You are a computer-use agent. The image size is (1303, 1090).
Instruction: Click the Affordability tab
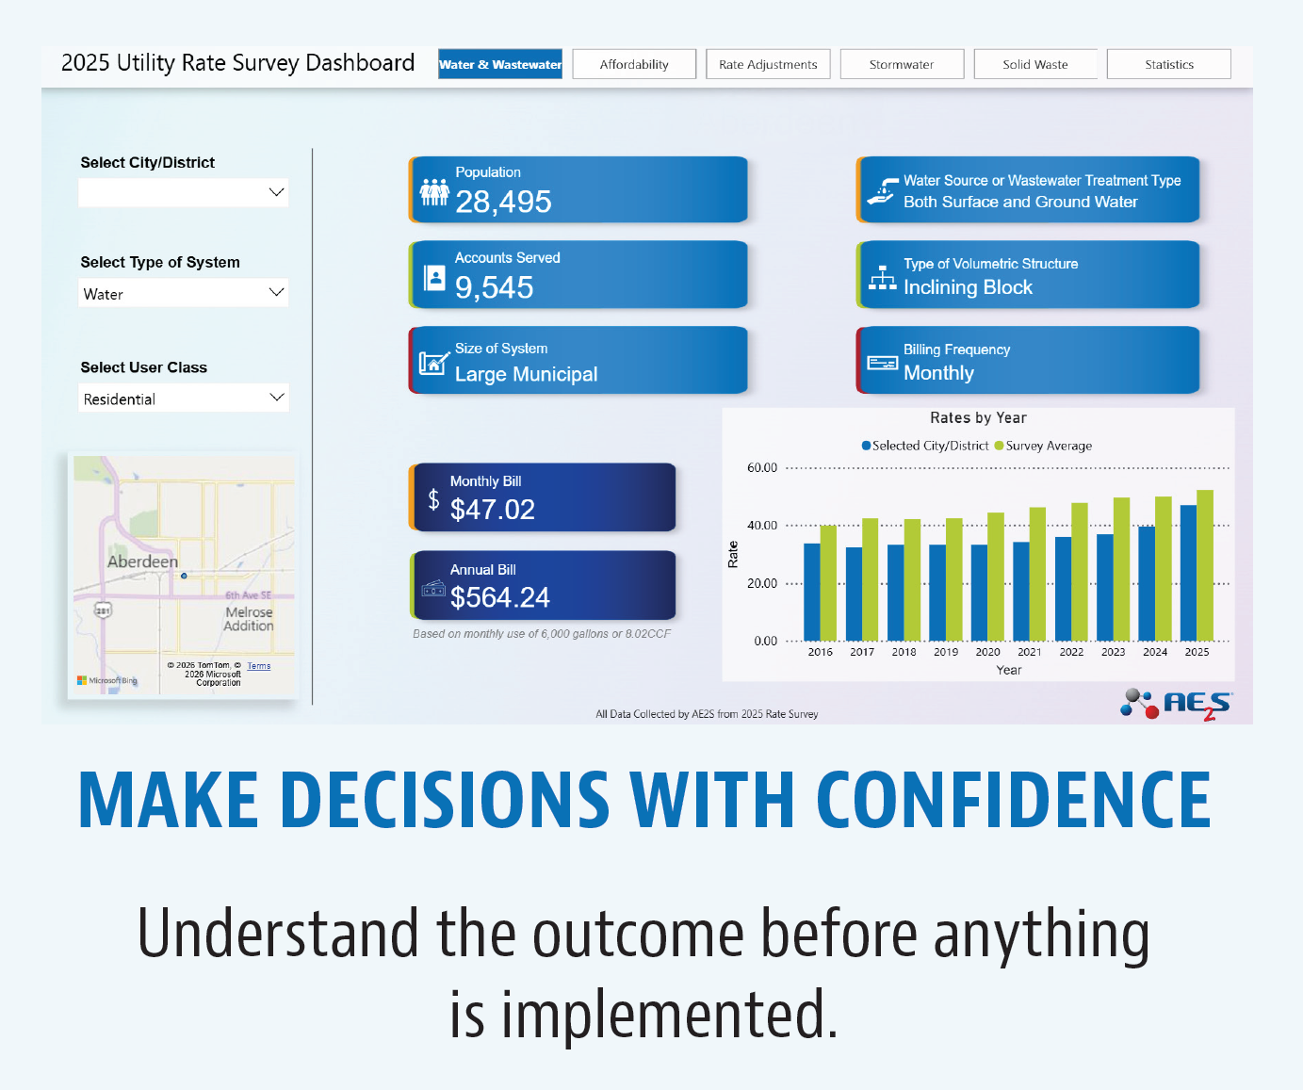(634, 64)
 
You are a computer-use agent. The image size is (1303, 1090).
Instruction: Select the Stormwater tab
(902, 64)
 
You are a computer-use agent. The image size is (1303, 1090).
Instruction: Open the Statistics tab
(1169, 64)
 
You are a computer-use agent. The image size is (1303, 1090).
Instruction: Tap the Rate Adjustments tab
(768, 64)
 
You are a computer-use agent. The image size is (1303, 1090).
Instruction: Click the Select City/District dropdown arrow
(276, 192)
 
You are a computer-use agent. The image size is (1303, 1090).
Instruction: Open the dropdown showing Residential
(184, 399)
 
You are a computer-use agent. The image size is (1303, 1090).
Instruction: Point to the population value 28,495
(503, 202)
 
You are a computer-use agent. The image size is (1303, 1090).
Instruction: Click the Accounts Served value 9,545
(494, 287)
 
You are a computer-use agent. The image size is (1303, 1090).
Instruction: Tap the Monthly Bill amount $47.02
(493, 509)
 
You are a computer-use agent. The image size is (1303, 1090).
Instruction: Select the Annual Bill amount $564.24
(500, 597)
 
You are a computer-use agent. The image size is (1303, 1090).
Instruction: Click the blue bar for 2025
(1188, 573)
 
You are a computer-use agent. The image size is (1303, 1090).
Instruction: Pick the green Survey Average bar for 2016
(828, 583)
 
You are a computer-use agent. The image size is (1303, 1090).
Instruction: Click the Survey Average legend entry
(1043, 446)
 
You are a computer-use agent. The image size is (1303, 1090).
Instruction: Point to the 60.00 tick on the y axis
(762, 468)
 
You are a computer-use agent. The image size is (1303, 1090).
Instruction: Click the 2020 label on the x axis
(988, 652)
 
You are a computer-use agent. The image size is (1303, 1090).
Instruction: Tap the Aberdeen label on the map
(142, 561)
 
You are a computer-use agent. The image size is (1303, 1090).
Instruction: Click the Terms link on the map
(259, 666)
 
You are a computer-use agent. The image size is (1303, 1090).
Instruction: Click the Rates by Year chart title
(978, 417)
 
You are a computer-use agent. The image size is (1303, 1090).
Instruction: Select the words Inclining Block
(968, 287)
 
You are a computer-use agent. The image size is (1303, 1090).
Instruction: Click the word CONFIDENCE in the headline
(1014, 799)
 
